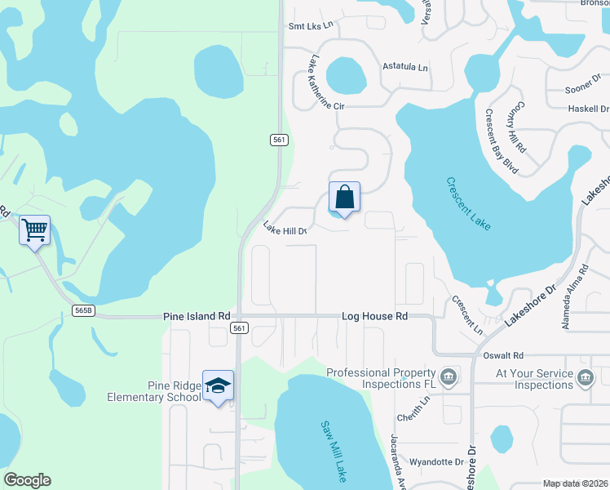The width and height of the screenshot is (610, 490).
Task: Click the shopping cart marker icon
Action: click(34, 230)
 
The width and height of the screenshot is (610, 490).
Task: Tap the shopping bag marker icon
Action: click(344, 197)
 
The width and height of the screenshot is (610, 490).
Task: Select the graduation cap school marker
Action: click(218, 386)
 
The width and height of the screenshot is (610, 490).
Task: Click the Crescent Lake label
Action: click(469, 203)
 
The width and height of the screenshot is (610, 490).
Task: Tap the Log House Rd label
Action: click(374, 315)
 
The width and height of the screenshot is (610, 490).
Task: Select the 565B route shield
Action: click(83, 310)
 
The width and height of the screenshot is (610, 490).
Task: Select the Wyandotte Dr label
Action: click(436, 461)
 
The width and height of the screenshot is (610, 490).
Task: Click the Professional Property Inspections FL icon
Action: click(448, 377)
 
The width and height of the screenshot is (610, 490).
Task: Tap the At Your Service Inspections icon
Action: click(585, 377)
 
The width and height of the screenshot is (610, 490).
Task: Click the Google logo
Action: click(28, 479)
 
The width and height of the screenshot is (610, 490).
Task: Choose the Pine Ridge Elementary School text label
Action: click(153, 391)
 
